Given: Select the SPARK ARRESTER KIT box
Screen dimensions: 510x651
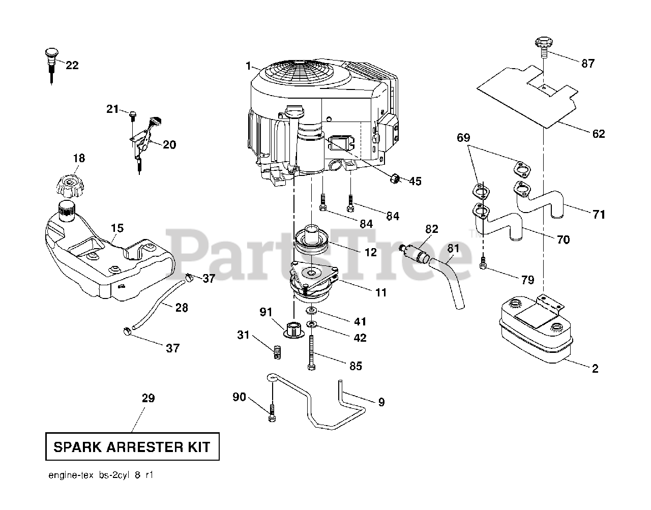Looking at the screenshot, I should tap(132, 447).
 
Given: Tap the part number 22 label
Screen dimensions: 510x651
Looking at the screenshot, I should tap(72, 65).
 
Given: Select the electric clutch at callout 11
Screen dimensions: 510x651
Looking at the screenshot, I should tap(311, 282).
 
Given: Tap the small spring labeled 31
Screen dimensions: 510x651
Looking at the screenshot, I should tap(277, 351).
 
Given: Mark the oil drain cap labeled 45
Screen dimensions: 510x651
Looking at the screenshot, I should tap(395, 178).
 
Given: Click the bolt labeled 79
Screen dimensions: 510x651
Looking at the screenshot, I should tap(483, 263).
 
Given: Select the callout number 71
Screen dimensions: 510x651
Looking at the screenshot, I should tap(599, 215).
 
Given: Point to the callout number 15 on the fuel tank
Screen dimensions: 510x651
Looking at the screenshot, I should tap(117, 228).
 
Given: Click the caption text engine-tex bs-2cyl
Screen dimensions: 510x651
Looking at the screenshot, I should tap(100, 476).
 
